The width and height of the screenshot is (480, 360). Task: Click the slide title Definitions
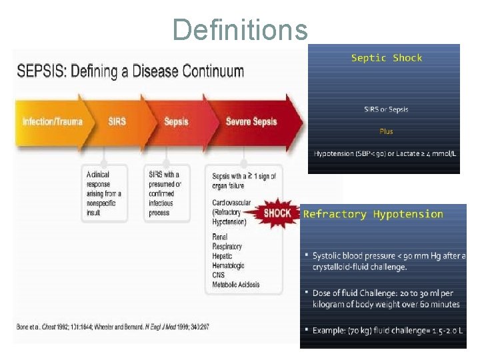[x=240, y=29]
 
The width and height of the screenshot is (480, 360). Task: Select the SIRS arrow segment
[x=117, y=121]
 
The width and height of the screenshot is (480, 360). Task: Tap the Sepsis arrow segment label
[x=176, y=121]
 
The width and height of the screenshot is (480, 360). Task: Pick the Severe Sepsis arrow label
[x=252, y=121]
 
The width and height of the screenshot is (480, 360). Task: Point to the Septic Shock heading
[x=387, y=58]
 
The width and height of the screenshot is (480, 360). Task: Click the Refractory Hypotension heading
[x=373, y=214]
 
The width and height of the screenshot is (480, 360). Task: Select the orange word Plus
[x=387, y=131]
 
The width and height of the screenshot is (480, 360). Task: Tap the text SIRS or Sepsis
[x=387, y=109]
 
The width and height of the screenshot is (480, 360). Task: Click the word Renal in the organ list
[x=220, y=237]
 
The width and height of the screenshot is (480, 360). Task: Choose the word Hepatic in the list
[x=223, y=256]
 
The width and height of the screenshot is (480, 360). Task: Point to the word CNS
[x=219, y=275]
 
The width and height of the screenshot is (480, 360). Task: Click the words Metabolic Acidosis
[x=236, y=285]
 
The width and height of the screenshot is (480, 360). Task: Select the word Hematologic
[x=228, y=265]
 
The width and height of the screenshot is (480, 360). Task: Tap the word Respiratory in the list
[x=227, y=247]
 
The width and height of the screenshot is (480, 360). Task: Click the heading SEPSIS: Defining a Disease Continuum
[x=130, y=71]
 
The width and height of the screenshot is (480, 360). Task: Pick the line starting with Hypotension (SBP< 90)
[x=385, y=153]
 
